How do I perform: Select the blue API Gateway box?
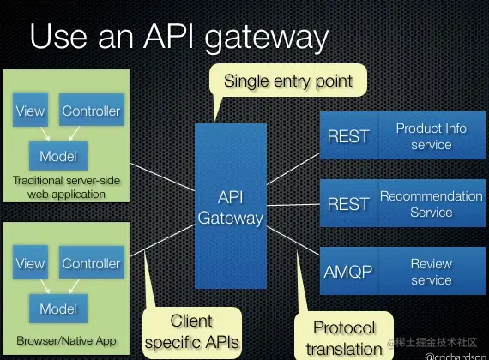230,206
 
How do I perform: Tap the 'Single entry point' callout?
287,82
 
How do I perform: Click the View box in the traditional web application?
30,111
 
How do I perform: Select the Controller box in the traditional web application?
91,111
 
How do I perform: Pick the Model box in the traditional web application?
57,156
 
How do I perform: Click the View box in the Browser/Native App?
30,264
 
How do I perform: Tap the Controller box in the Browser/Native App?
91,264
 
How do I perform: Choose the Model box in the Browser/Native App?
57,309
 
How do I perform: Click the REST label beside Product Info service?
348,136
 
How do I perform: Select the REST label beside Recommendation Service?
348,204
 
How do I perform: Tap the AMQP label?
348,272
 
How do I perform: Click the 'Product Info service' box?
431,136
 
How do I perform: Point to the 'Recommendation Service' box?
431,204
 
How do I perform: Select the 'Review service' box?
431,272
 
